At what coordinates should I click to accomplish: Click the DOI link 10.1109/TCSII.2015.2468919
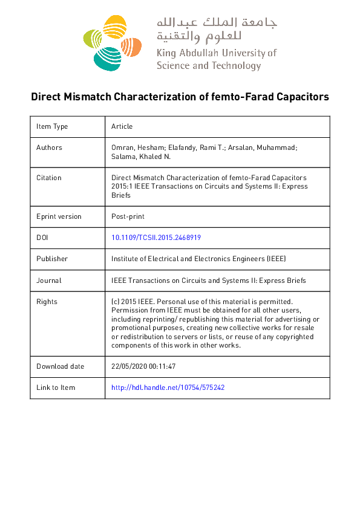coord(156,238)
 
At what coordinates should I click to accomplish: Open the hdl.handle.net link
coord(168,387)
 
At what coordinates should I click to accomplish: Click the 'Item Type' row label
coord(52,126)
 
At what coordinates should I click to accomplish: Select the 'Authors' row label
coord(49,148)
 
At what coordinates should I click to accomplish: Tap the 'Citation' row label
coord(49,178)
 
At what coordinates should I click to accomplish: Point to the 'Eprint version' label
coord(59,216)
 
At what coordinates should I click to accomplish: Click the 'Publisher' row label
coord(52,259)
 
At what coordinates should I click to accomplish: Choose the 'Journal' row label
coord(49,280)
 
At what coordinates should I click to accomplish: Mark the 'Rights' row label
coord(47,302)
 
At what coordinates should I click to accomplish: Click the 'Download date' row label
coord(61,366)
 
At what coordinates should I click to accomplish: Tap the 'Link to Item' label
coord(56,387)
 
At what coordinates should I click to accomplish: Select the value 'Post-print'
coord(128,216)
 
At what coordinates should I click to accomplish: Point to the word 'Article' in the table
coord(122,126)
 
